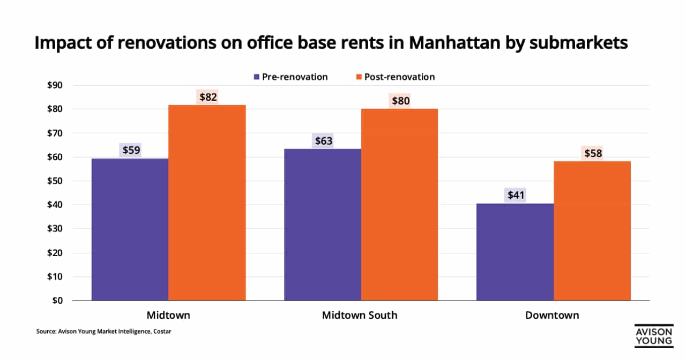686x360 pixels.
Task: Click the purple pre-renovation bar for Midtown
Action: pos(130,229)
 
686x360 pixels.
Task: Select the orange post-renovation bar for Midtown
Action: pos(207,202)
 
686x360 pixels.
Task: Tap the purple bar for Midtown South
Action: pos(322,224)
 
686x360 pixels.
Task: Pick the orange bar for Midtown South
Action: pos(399,205)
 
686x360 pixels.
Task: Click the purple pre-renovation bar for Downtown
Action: pos(515,252)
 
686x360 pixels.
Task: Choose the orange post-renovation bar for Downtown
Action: pos(592,231)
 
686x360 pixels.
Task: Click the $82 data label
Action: pos(207,97)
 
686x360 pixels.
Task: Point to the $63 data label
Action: pos(323,141)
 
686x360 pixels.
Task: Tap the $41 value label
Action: pos(516,196)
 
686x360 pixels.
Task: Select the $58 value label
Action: pos(592,154)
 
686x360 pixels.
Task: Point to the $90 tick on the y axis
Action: pos(55,85)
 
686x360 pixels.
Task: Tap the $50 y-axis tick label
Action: pos(55,181)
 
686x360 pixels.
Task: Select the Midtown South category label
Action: pos(360,315)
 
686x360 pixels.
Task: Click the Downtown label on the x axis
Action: pos(552,315)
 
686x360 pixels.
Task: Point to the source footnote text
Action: pos(103,332)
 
